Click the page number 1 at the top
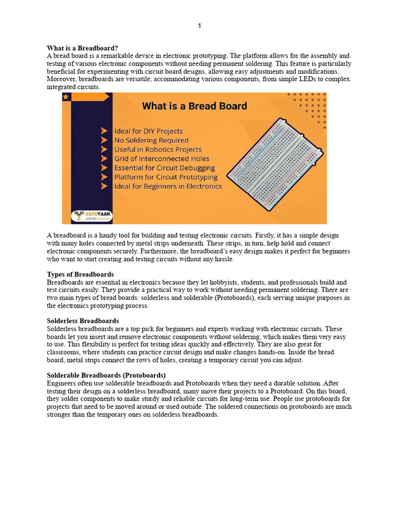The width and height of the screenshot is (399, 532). (x=199, y=26)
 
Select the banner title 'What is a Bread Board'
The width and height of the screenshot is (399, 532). (x=194, y=107)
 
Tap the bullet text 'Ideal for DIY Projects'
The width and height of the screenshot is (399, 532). (x=149, y=131)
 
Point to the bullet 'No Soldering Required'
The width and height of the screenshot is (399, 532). (x=151, y=140)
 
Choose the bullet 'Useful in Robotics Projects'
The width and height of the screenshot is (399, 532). (x=157, y=150)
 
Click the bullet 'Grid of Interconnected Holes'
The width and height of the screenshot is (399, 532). (x=162, y=159)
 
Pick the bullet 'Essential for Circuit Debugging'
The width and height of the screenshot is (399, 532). (x=165, y=168)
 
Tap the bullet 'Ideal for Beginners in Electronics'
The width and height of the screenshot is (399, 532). (x=168, y=187)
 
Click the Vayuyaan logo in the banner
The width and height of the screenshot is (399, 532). (x=93, y=216)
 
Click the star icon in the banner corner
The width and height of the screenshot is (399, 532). (x=66, y=97)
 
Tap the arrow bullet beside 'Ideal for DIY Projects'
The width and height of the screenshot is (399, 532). (x=104, y=131)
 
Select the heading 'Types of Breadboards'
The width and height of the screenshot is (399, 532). (x=81, y=274)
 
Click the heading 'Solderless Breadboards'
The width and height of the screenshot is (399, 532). (x=83, y=321)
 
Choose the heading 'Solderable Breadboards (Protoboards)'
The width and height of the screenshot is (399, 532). (x=107, y=375)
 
